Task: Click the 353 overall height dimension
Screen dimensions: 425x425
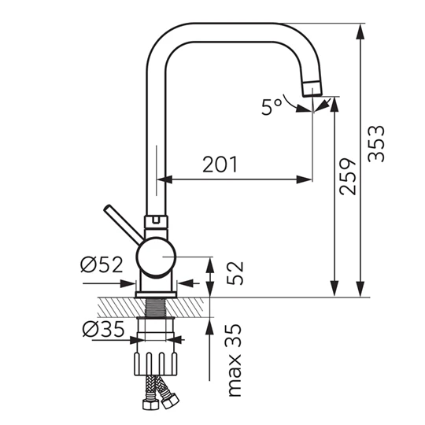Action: click(x=376, y=144)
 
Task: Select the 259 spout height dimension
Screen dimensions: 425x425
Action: click(x=348, y=177)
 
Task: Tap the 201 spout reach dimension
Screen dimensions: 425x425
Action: click(x=220, y=164)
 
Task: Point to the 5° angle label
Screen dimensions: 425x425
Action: click(x=272, y=107)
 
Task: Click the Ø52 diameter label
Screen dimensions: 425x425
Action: click(x=102, y=264)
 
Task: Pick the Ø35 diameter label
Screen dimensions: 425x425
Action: click(x=104, y=329)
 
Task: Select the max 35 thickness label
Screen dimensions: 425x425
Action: click(x=234, y=360)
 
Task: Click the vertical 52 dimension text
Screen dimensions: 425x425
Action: click(x=235, y=273)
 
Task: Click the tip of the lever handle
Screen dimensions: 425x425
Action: click(x=107, y=208)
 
